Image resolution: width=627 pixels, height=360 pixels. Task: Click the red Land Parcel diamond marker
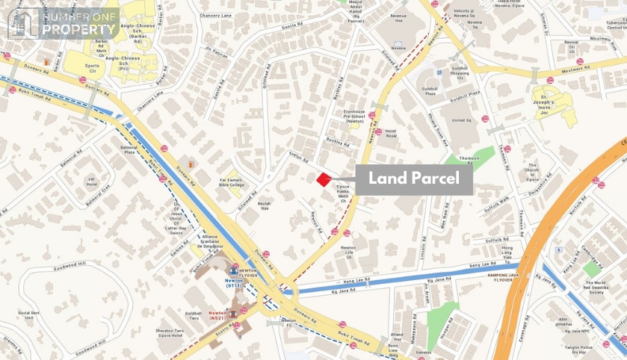click(324, 179)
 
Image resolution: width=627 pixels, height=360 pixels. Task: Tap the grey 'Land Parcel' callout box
click(413, 180)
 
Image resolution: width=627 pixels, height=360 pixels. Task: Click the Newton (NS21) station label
click(219, 314)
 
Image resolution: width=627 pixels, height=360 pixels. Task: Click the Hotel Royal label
click(391, 134)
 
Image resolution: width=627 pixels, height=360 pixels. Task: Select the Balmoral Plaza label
click(129, 150)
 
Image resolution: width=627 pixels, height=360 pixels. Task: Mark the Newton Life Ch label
click(348, 252)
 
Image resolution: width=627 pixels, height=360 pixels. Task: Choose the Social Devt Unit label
click(28, 315)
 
